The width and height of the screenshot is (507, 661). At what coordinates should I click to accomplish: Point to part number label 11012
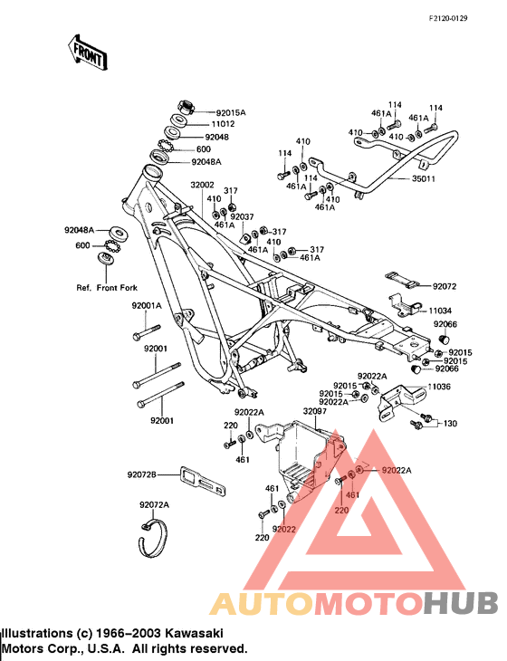pos(223,124)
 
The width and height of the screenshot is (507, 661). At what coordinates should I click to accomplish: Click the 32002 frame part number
pos(202,185)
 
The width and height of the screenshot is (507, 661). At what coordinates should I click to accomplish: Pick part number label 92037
pos(243,217)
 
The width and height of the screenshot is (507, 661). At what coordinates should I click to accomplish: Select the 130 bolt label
pos(450,424)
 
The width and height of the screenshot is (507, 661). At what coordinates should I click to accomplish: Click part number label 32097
pos(314,410)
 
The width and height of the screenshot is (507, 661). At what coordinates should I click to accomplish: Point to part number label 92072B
pos(142,474)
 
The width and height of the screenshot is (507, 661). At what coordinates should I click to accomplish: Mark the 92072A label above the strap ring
pos(154,504)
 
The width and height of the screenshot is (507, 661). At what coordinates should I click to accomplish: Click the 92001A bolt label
pos(146,305)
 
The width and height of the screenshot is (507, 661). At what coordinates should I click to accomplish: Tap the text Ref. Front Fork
pos(107,288)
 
